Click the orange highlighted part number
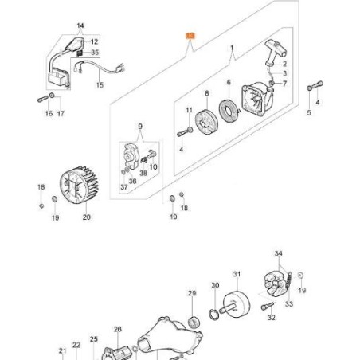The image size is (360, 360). coord(190,36)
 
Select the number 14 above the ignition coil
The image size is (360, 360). coord(79,26)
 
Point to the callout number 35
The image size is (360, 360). coord(95,53)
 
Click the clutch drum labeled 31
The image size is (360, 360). coord(242,306)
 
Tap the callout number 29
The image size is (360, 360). coord(191,294)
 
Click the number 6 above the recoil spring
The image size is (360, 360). coord(228,83)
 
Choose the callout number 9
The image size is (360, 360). coord(139,126)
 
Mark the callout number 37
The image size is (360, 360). coord(123,188)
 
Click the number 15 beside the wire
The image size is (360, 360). coord(100,85)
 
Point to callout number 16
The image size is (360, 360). coord(49,114)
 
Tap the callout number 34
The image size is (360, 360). coord(278,254)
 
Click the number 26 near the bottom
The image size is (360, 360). coord(117,329)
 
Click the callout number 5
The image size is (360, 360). coord(310,113)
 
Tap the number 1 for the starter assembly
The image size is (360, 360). coord(232,49)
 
